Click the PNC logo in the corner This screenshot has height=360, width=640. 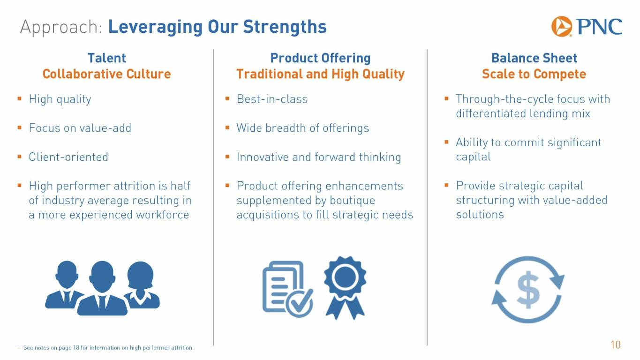(x=587, y=27)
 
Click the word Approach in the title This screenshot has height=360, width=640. (x=61, y=28)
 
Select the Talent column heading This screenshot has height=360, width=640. (x=106, y=58)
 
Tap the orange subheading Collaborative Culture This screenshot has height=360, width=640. (x=106, y=74)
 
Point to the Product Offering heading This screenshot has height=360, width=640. (x=320, y=58)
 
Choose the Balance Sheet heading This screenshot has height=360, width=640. (x=534, y=58)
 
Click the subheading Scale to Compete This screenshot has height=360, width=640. (x=534, y=74)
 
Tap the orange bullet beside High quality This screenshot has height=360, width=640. (x=19, y=98)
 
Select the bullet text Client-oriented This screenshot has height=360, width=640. (x=68, y=157)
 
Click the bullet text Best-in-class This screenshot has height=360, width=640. (x=272, y=99)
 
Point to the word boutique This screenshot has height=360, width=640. (x=352, y=200)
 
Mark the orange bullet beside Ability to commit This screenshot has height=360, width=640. (x=446, y=142)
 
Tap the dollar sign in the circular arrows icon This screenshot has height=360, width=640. (x=528, y=290)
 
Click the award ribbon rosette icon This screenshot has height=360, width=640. (x=345, y=287)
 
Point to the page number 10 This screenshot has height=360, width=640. (x=616, y=345)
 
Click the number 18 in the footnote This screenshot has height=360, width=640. (x=76, y=348)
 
